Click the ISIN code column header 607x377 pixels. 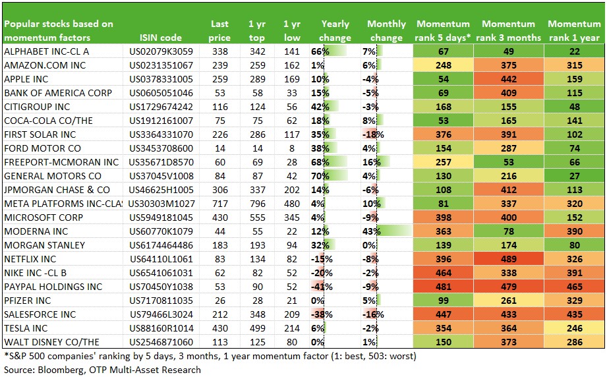pos(161,38)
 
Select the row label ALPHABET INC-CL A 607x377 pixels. pos(46,51)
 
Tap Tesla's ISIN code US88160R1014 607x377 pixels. pos(161,328)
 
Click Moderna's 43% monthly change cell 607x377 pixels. pos(372,231)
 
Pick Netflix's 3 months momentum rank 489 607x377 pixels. pos(508,259)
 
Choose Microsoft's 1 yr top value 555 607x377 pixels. pos(258,217)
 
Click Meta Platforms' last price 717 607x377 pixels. pos(220,204)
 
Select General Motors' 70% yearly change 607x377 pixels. pos(320,176)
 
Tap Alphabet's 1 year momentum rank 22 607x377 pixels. pos(575,51)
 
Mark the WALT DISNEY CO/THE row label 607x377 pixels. pos(51,342)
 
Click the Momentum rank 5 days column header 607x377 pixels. pos(443,30)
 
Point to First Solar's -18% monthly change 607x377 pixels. pos(373,134)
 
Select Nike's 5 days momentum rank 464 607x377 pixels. pos(444,273)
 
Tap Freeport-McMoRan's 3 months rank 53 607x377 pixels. pos(508,162)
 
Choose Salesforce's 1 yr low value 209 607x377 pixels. pos(292,314)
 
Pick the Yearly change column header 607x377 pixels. pos(335,30)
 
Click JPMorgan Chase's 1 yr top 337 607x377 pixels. pos(258,190)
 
